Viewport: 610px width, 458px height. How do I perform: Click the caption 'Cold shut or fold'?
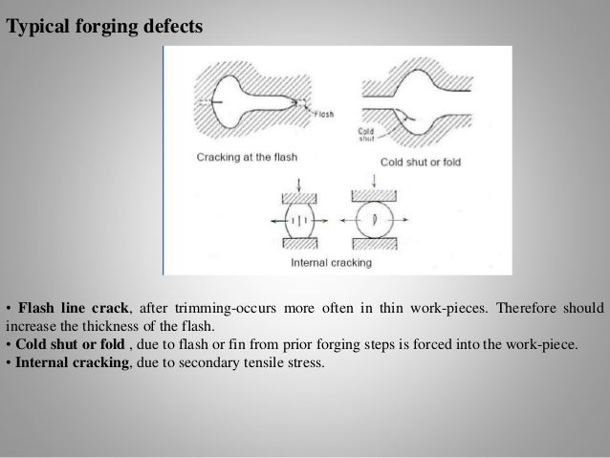pyautogui.click(x=420, y=163)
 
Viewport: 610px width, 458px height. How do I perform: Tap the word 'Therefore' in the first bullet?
pyautogui.click(x=513, y=308)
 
